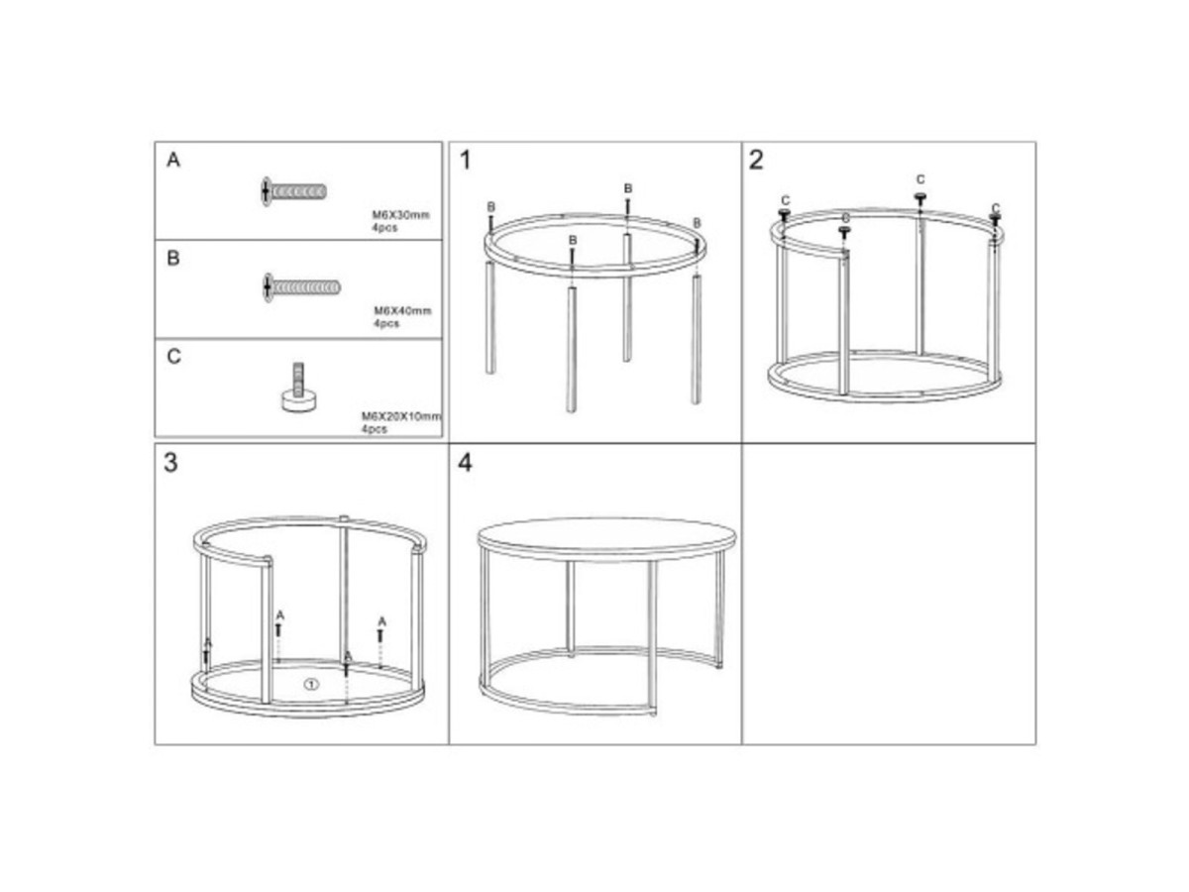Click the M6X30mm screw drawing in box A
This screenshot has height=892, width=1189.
pyautogui.click(x=293, y=190)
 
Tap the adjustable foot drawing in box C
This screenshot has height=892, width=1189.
pyautogui.click(x=298, y=389)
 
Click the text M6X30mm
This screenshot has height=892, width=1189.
pyautogui.click(x=400, y=214)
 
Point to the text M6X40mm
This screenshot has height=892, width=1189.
pyautogui.click(x=402, y=311)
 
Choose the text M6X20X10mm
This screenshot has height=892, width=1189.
pyautogui.click(x=401, y=416)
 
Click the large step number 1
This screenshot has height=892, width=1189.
pyautogui.click(x=466, y=161)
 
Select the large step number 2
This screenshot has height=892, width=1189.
pyautogui.click(x=756, y=160)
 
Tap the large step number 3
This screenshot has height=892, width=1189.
pyautogui.click(x=170, y=463)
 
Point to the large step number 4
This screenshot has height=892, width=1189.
pyautogui.click(x=465, y=463)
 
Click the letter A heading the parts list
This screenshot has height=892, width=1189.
pyautogui.click(x=173, y=160)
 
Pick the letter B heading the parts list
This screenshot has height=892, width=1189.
pyautogui.click(x=173, y=258)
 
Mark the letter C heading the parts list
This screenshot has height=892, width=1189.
pyautogui.click(x=173, y=357)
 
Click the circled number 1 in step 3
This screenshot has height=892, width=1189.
pyautogui.click(x=311, y=685)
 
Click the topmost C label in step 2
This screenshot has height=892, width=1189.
pyautogui.click(x=919, y=179)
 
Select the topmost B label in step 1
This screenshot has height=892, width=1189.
pyautogui.click(x=628, y=188)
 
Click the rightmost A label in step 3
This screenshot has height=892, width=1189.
pyautogui.click(x=381, y=621)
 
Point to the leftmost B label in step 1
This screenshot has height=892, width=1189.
pyautogui.click(x=490, y=206)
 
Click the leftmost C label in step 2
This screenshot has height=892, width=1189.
pyautogui.click(x=786, y=201)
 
